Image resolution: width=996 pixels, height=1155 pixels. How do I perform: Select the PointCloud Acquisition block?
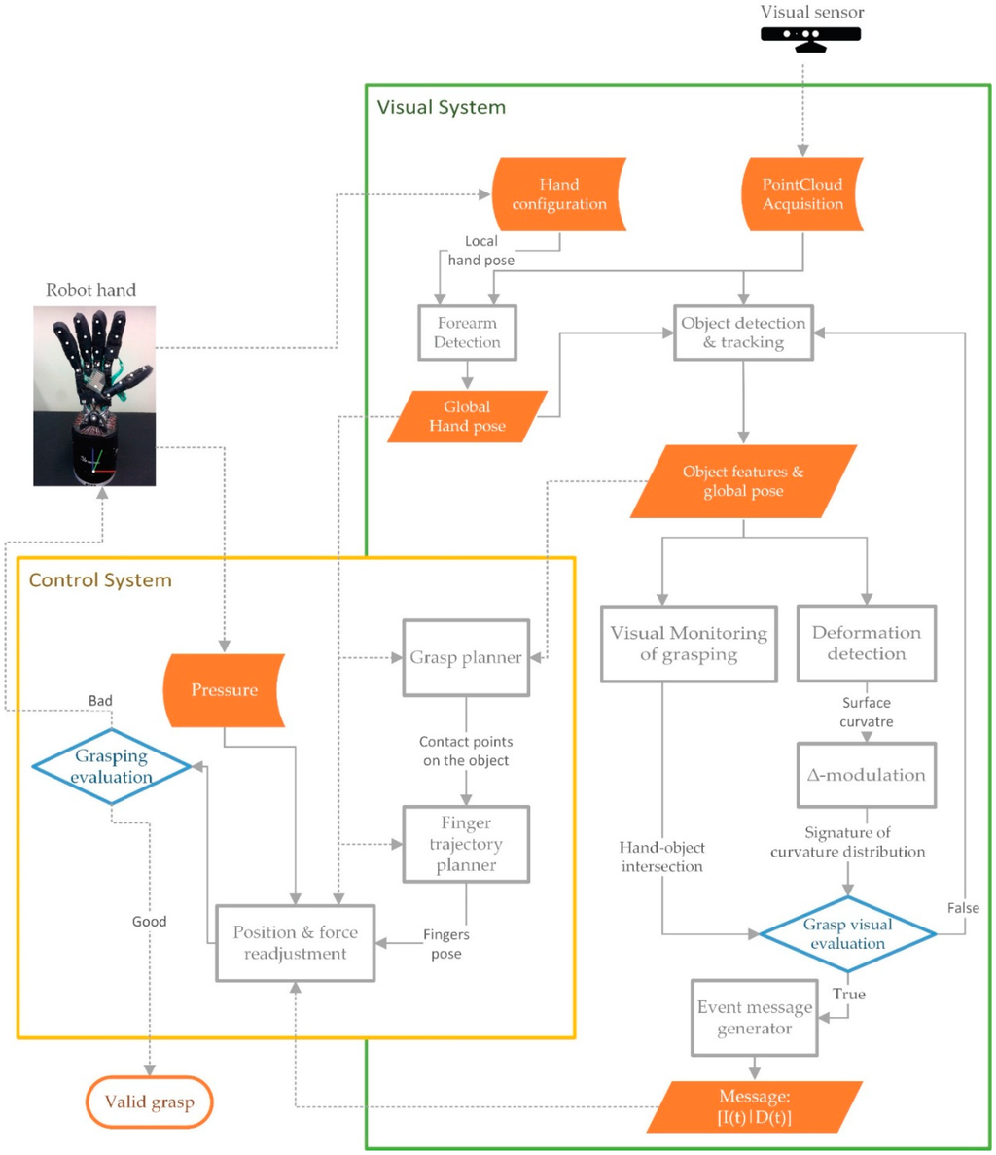pyautogui.click(x=802, y=194)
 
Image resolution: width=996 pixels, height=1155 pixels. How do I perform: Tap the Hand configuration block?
pyautogui.click(x=559, y=194)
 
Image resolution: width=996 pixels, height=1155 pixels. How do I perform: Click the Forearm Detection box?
pyautogui.click(x=467, y=332)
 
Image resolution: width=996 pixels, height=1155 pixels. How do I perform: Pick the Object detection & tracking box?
pyautogui.click(x=743, y=332)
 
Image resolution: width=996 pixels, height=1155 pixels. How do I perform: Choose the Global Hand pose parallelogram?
pyautogui.click(x=467, y=416)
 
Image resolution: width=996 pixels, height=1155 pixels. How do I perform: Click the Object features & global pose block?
pyautogui.click(x=743, y=481)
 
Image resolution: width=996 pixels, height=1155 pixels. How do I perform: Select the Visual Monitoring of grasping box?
pyautogui.click(x=689, y=644)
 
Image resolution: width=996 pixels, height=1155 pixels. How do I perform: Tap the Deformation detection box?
pyautogui.click(x=866, y=644)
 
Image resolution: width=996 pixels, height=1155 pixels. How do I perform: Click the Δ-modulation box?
pyautogui.click(x=866, y=775)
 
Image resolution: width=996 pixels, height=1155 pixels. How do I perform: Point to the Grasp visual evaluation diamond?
pyautogui.click(x=847, y=933)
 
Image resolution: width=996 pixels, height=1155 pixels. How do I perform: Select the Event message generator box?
pyautogui.click(x=754, y=1018)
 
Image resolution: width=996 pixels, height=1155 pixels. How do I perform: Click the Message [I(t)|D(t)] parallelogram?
pyautogui.click(x=754, y=1107)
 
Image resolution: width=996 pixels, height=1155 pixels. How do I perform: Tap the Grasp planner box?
pyautogui.click(x=466, y=658)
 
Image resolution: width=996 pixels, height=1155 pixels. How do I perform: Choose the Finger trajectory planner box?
pyautogui.click(x=466, y=844)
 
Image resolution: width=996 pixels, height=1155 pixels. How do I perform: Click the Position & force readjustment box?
pyautogui.click(x=295, y=943)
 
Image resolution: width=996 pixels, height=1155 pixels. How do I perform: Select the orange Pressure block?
pyautogui.click(x=225, y=690)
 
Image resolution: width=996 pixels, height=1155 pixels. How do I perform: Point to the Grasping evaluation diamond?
pyautogui.click(x=111, y=767)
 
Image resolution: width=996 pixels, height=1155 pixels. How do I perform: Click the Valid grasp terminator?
pyautogui.click(x=150, y=1102)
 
